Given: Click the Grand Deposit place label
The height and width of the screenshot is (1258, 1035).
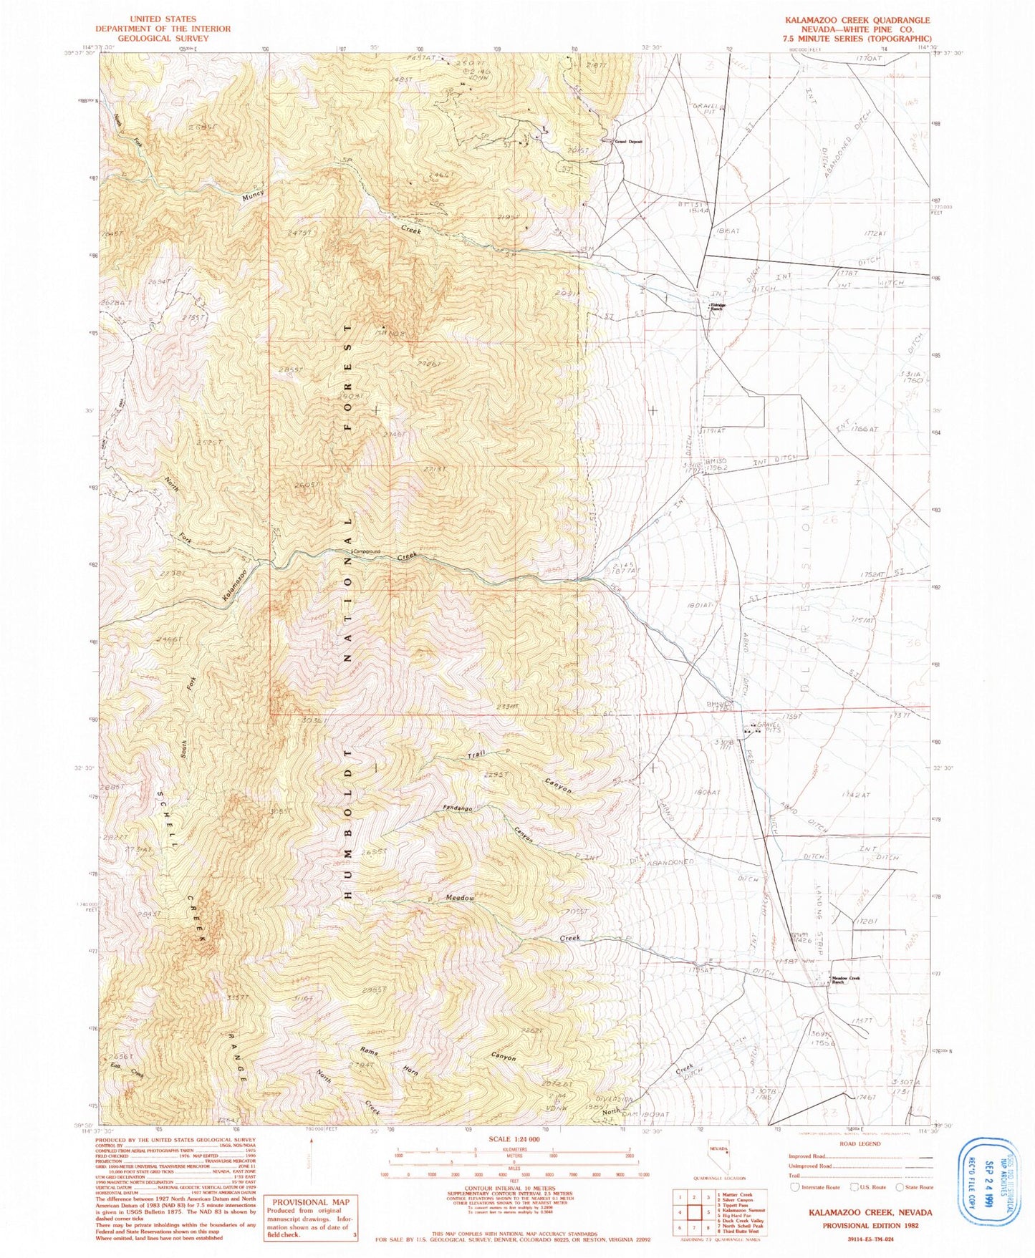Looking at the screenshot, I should pyautogui.click(x=628, y=142).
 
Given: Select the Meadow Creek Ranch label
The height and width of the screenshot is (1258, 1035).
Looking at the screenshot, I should pyautogui.click(x=844, y=980).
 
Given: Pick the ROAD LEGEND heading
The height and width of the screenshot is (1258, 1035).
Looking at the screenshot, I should pyautogui.click(x=855, y=1144).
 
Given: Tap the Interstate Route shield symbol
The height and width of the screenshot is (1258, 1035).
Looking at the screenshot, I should pyautogui.click(x=794, y=1186).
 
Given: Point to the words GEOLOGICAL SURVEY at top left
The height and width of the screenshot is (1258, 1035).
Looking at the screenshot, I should pyautogui.click(x=163, y=38).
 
